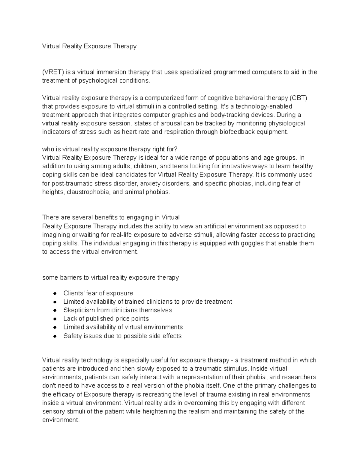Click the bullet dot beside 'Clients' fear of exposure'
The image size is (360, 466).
point(55,293)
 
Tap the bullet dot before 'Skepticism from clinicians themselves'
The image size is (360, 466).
point(55,310)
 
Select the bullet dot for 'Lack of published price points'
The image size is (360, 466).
point(55,319)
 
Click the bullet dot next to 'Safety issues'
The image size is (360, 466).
point(55,336)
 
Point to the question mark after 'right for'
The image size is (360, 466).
point(176,149)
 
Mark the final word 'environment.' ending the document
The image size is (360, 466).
point(61,420)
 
